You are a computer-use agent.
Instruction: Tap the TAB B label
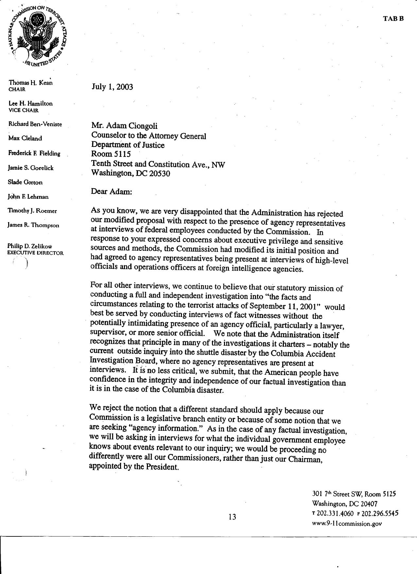[x=393, y=19]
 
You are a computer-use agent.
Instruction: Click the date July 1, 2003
[x=112, y=87]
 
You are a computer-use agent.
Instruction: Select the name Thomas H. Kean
[x=30, y=82]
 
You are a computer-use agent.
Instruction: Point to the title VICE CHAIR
[x=24, y=110]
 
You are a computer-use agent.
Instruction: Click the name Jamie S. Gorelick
[x=31, y=168]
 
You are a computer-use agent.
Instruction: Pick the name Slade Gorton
[x=25, y=182]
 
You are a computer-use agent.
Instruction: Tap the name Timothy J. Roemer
[x=32, y=211]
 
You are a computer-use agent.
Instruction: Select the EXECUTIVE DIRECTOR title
[x=35, y=253]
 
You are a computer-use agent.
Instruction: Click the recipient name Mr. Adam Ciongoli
[x=124, y=126]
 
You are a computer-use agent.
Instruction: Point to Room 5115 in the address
[x=111, y=154]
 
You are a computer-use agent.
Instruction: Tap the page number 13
[x=232, y=517]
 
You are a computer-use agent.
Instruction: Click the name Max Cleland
[x=25, y=138]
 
